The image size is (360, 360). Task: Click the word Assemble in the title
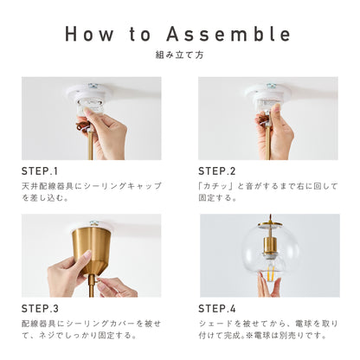coord(228,34)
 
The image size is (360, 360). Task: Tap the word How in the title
coord(89,34)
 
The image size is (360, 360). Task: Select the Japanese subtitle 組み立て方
coord(179,55)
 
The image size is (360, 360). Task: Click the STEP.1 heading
coord(40,171)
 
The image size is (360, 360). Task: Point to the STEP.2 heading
coord(217,171)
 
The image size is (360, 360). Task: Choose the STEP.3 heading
coord(40,309)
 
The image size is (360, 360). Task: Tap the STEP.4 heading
coord(217,309)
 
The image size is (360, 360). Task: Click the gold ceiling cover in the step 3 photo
coord(91,249)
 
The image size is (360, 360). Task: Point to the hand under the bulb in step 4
coord(269,285)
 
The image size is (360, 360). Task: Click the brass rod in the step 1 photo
coord(90,145)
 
